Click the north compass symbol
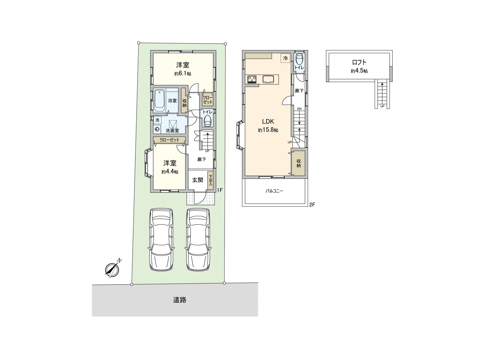click(112, 269)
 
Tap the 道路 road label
click(179, 300)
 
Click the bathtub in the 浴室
click(159, 100)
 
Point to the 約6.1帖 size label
click(182, 74)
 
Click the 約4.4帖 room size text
click(170, 172)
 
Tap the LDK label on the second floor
click(268, 121)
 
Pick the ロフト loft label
click(359, 63)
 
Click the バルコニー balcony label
click(274, 191)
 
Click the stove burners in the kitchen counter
click(252, 79)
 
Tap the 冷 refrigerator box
click(285, 58)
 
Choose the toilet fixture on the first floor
click(208, 121)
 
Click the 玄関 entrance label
click(197, 180)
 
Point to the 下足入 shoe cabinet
click(211, 180)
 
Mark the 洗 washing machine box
click(157, 120)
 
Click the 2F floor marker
click(312, 205)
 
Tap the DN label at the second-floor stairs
click(299, 109)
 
